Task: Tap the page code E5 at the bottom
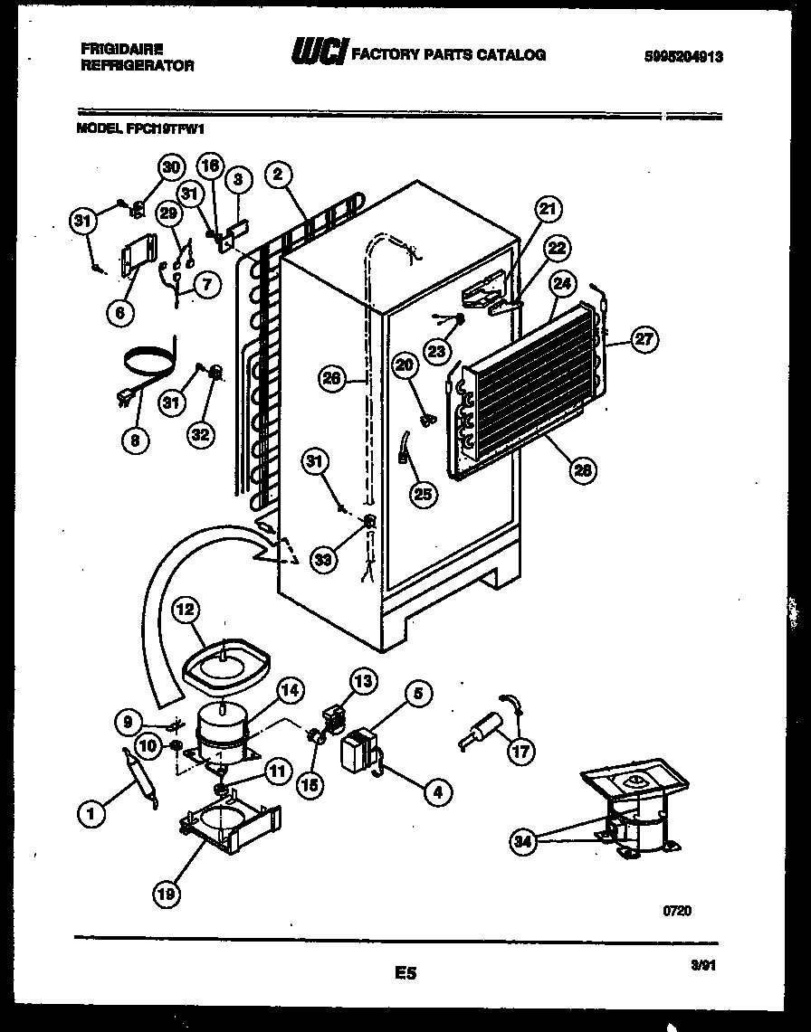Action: point(405,973)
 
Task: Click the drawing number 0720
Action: point(677,911)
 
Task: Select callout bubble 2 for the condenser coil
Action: point(279,174)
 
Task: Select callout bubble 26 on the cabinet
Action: point(331,379)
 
